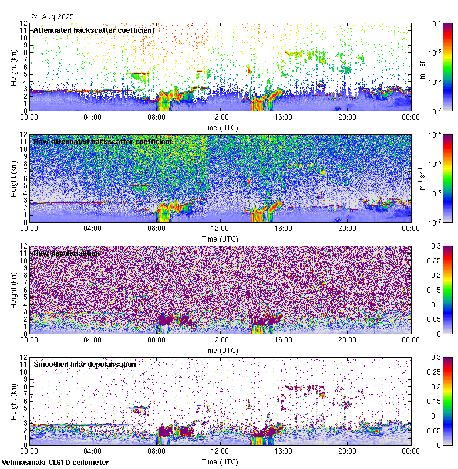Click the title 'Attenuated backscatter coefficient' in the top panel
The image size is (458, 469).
point(94,30)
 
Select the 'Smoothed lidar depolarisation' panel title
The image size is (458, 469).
point(85,364)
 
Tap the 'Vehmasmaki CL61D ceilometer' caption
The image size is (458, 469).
point(55,463)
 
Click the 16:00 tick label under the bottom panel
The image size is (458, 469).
point(284,451)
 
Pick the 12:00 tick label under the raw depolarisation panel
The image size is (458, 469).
point(220,339)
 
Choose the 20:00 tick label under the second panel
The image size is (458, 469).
point(347,228)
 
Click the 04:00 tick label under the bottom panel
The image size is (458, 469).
point(93,451)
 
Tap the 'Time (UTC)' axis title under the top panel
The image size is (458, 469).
point(220,127)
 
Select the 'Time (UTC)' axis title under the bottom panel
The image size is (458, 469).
point(220,461)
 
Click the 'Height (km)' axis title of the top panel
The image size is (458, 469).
point(14,67)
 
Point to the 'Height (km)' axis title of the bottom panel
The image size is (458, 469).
point(14,401)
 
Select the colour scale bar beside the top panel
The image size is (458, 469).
point(447,67)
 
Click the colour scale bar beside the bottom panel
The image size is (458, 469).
point(447,401)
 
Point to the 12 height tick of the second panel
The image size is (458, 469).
point(24,135)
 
